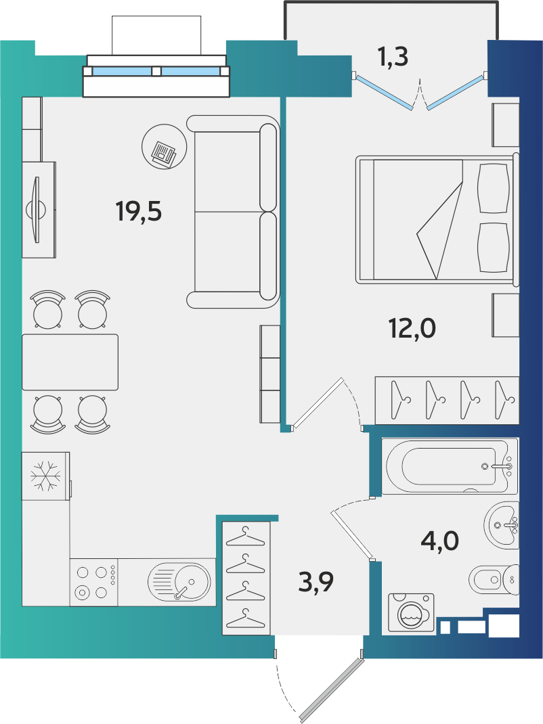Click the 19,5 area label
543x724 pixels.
click(139, 212)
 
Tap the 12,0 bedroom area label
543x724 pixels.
click(412, 329)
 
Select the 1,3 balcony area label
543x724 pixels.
click(393, 57)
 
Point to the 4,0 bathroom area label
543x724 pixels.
click(439, 540)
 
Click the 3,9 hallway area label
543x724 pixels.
click(316, 582)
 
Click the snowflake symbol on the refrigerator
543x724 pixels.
click(45, 476)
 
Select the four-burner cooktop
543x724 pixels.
click(94, 583)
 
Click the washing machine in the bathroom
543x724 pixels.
click(411, 614)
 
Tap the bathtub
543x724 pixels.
click(450, 466)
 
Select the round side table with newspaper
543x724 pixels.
click(165, 146)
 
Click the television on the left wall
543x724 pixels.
click(36, 209)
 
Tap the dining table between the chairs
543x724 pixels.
click(70, 362)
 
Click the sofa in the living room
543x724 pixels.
click(233, 212)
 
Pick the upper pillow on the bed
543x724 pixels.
click(494, 188)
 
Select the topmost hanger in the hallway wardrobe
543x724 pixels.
click(245, 537)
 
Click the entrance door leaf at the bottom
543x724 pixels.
click(331, 690)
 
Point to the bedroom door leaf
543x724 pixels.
click(318, 403)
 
